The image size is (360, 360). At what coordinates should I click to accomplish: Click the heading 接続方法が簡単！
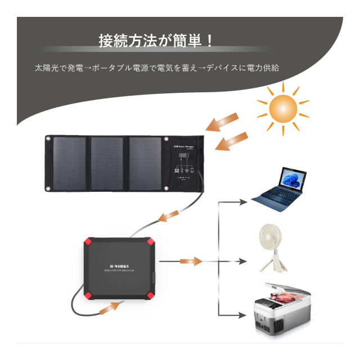(156, 41)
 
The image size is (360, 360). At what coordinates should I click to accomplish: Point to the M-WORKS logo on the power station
(119, 268)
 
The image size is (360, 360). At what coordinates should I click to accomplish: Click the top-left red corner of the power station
(88, 244)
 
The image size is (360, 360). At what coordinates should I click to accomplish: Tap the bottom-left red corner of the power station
(88, 296)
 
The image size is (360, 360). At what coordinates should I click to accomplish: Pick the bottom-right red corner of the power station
(151, 296)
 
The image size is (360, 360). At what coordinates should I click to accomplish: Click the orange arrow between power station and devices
(191, 262)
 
